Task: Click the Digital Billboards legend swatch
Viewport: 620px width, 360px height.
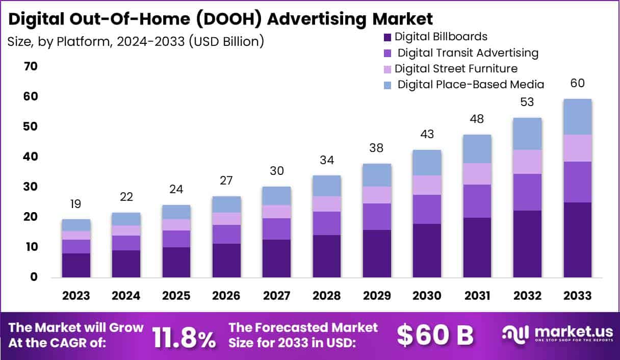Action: [x=387, y=37]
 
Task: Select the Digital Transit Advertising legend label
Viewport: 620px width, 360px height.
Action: [x=468, y=53]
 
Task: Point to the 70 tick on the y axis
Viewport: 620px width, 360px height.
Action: [x=30, y=66]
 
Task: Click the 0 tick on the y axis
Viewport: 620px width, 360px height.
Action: [x=34, y=277]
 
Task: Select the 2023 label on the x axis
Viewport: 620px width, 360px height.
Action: [x=76, y=296]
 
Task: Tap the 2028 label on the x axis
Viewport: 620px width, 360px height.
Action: [x=327, y=296]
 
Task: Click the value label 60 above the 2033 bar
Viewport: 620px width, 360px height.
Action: [x=577, y=83]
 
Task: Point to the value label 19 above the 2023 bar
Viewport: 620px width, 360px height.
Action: [x=76, y=204]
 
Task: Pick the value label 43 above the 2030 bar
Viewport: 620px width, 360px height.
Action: [x=427, y=135]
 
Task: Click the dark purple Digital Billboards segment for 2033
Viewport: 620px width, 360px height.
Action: [x=577, y=240]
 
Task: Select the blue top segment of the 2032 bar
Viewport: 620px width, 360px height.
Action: [x=527, y=134]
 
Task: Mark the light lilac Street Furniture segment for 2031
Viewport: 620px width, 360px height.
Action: [x=477, y=174]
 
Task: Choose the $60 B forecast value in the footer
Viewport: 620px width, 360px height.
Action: [x=435, y=336]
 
